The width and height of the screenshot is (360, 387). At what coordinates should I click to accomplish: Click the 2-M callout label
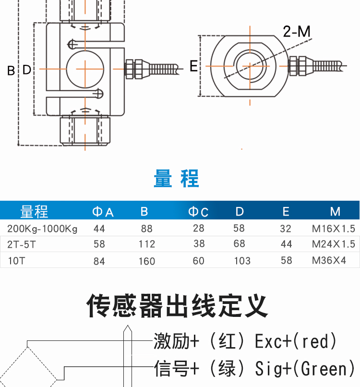tap(297, 32)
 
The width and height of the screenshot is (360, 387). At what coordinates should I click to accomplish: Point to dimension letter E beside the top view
tap(193, 66)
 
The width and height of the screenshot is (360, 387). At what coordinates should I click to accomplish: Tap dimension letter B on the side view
tap(11, 71)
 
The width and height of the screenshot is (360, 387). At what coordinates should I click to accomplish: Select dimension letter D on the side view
tap(27, 70)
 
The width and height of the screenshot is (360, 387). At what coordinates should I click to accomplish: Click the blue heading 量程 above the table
tap(176, 179)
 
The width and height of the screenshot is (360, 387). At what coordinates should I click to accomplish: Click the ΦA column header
tap(103, 212)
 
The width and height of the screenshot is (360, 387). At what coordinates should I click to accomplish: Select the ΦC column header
tap(198, 212)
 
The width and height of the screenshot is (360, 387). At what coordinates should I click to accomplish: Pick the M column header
tap(335, 212)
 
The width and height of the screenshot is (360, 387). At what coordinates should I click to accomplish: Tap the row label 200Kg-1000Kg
tap(42, 229)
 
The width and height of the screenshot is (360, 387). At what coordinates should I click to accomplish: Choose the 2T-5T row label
tap(22, 244)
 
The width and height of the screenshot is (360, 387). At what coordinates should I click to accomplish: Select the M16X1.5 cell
tap(333, 229)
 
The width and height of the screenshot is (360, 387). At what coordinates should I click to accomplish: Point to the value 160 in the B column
tap(146, 261)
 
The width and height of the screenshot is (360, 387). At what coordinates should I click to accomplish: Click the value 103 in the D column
tap(242, 261)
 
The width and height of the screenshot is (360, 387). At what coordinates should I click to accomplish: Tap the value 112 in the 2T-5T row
tap(146, 244)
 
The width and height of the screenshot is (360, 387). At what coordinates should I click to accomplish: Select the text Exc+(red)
tap(295, 341)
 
